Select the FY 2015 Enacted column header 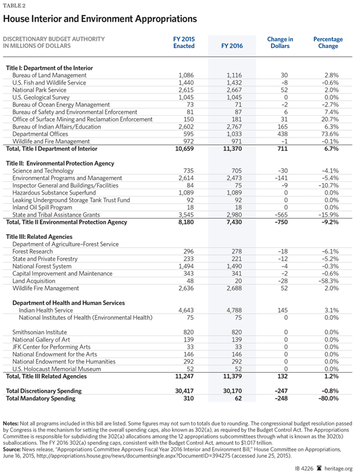(184, 42)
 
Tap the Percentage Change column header (328, 42)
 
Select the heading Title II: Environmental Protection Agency (60, 163)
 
